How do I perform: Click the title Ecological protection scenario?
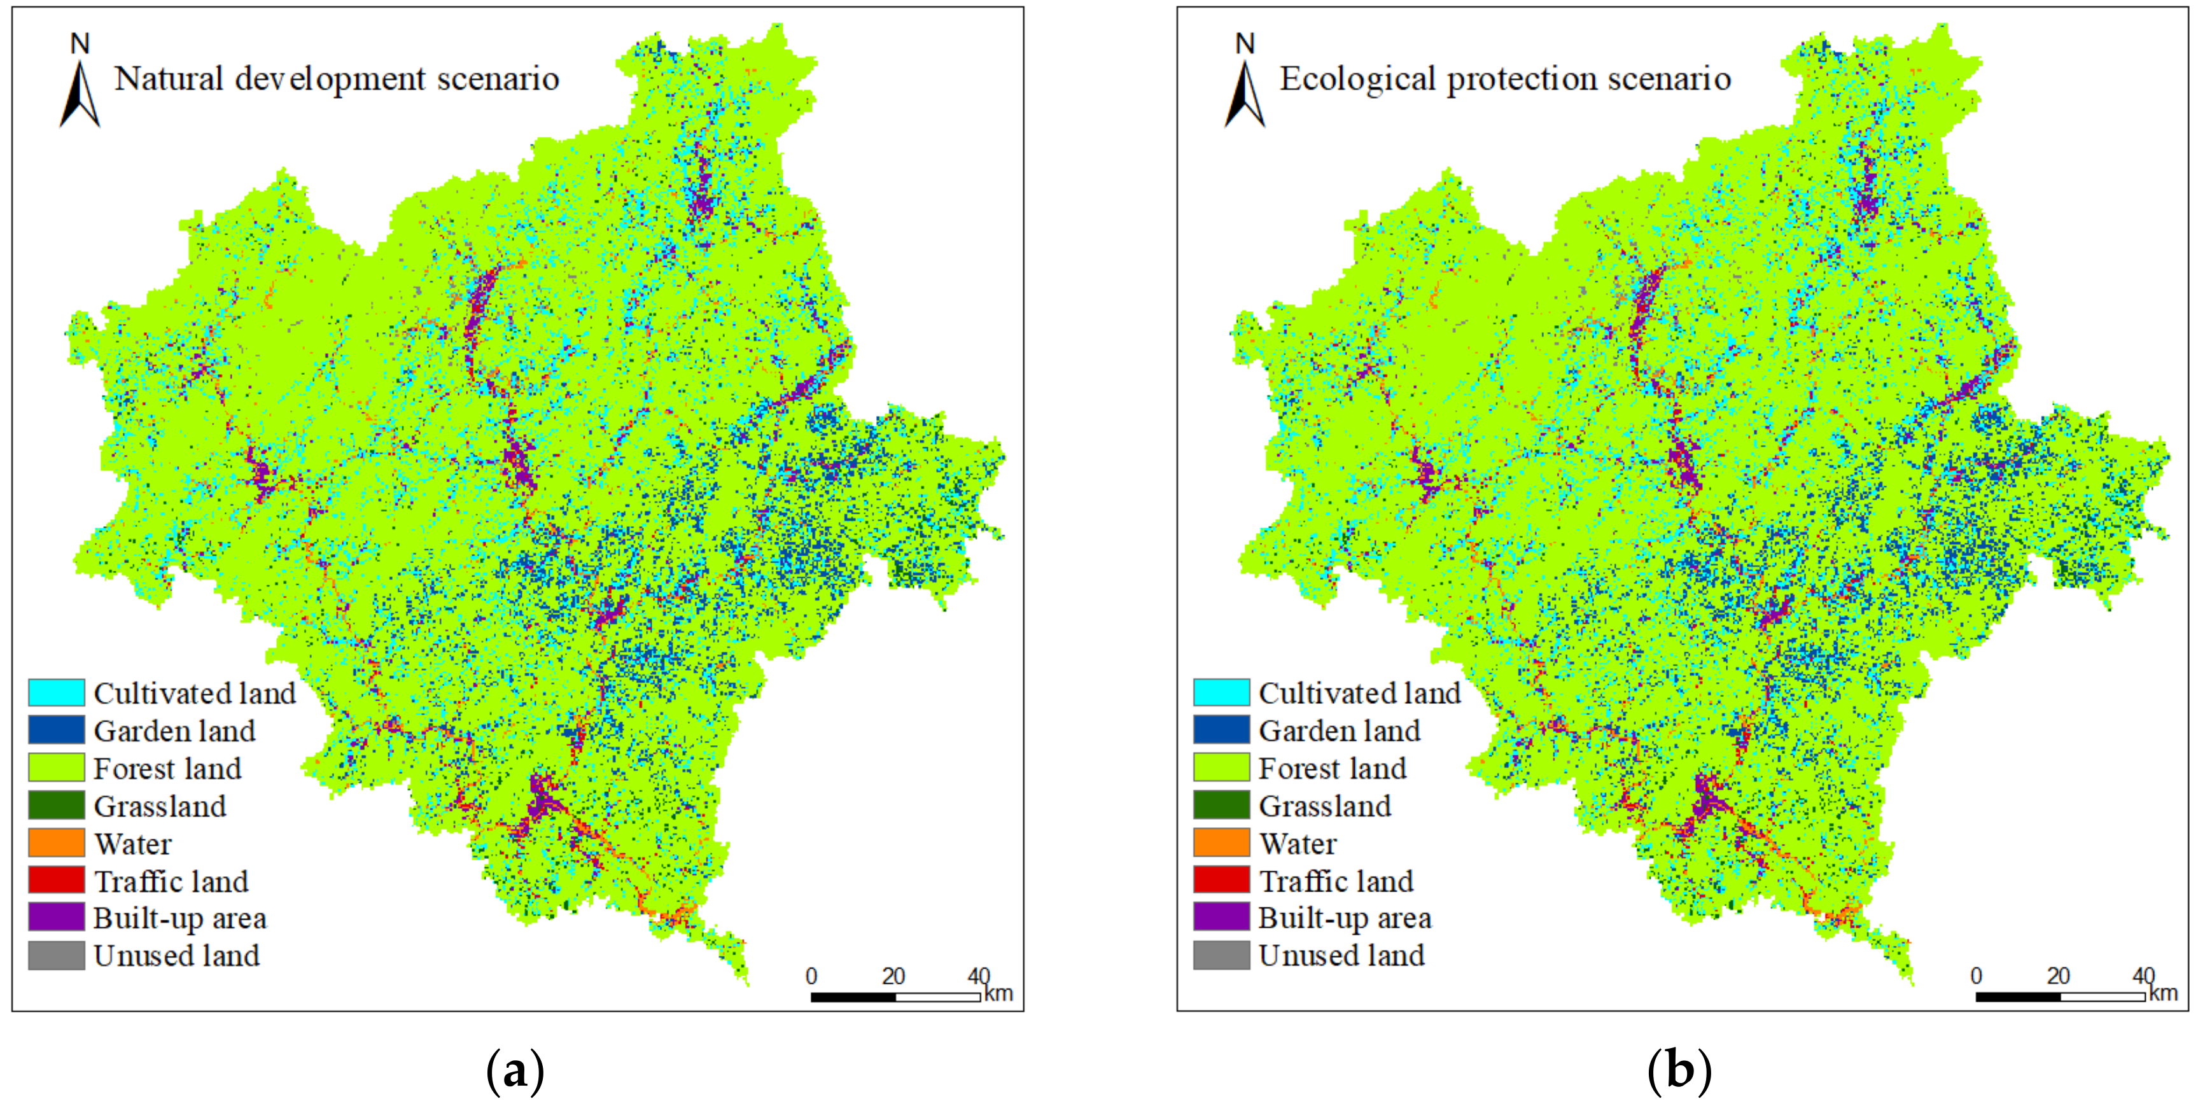coord(1505,78)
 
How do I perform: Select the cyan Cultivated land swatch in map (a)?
coord(56,693)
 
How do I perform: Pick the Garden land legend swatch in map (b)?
coord(1221,731)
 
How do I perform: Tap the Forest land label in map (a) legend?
coord(167,769)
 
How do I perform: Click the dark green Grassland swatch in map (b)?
coord(1221,806)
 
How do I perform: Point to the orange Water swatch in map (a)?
coord(56,843)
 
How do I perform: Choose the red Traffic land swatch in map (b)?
coord(1221,880)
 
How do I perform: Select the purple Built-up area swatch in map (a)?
coord(56,918)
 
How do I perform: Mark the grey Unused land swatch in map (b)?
coord(1221,955)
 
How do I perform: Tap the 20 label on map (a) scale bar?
coord(893,976)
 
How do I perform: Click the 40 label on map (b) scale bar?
coord(2143,976)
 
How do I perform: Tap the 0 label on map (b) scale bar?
coord(1976,976)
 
